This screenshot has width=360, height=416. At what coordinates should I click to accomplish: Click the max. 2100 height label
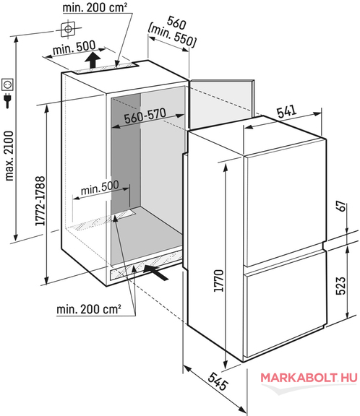[x=9, y=156]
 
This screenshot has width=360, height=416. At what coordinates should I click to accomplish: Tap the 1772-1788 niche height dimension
[x=40, y=201]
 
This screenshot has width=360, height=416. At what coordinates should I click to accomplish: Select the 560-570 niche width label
[x=145, y=116]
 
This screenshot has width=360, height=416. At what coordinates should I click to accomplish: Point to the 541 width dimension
[x=286, y=112]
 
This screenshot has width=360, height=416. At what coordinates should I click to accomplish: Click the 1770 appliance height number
[x=219, y=281]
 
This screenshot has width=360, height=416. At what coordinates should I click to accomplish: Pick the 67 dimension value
[x=342, y=207]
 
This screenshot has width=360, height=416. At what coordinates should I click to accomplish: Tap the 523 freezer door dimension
[x=341, y=286]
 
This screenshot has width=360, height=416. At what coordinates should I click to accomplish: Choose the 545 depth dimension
[x=218, y=381]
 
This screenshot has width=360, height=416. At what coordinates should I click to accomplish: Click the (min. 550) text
[x=172, y=37]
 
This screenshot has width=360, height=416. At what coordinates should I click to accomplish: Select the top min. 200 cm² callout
[x=95, y=8]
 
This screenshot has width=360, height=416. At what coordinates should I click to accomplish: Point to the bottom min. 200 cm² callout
[x=89, y=309]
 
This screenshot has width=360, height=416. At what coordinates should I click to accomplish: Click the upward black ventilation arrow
[x=93, y=60]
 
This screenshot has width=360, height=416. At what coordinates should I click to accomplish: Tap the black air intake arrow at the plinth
[x=155, y=272]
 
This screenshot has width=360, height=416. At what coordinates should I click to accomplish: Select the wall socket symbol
[x=7, y=84]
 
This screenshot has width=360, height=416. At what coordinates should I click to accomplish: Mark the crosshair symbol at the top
[x=68, y=29]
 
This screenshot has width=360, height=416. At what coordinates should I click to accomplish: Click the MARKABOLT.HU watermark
[x=309, y=378]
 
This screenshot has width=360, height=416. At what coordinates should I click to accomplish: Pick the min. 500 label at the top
[x=74, y=48]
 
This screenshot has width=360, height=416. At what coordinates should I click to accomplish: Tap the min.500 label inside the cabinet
[x=100, y=188]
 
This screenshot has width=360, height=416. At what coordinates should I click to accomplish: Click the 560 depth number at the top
[x=176, y=23]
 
